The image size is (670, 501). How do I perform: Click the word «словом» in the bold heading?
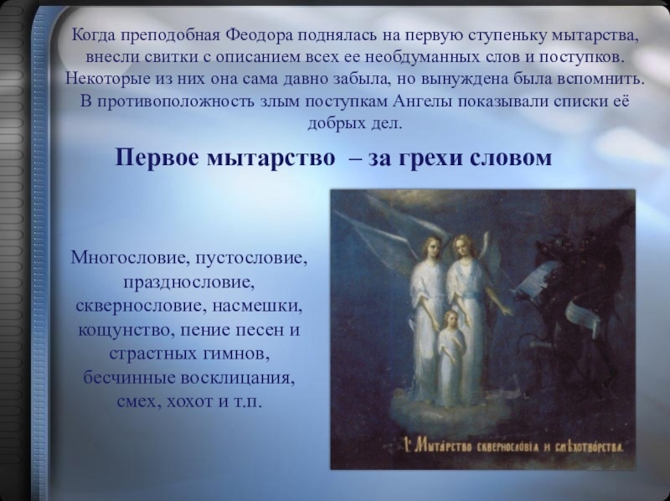click(x=512, y=159)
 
